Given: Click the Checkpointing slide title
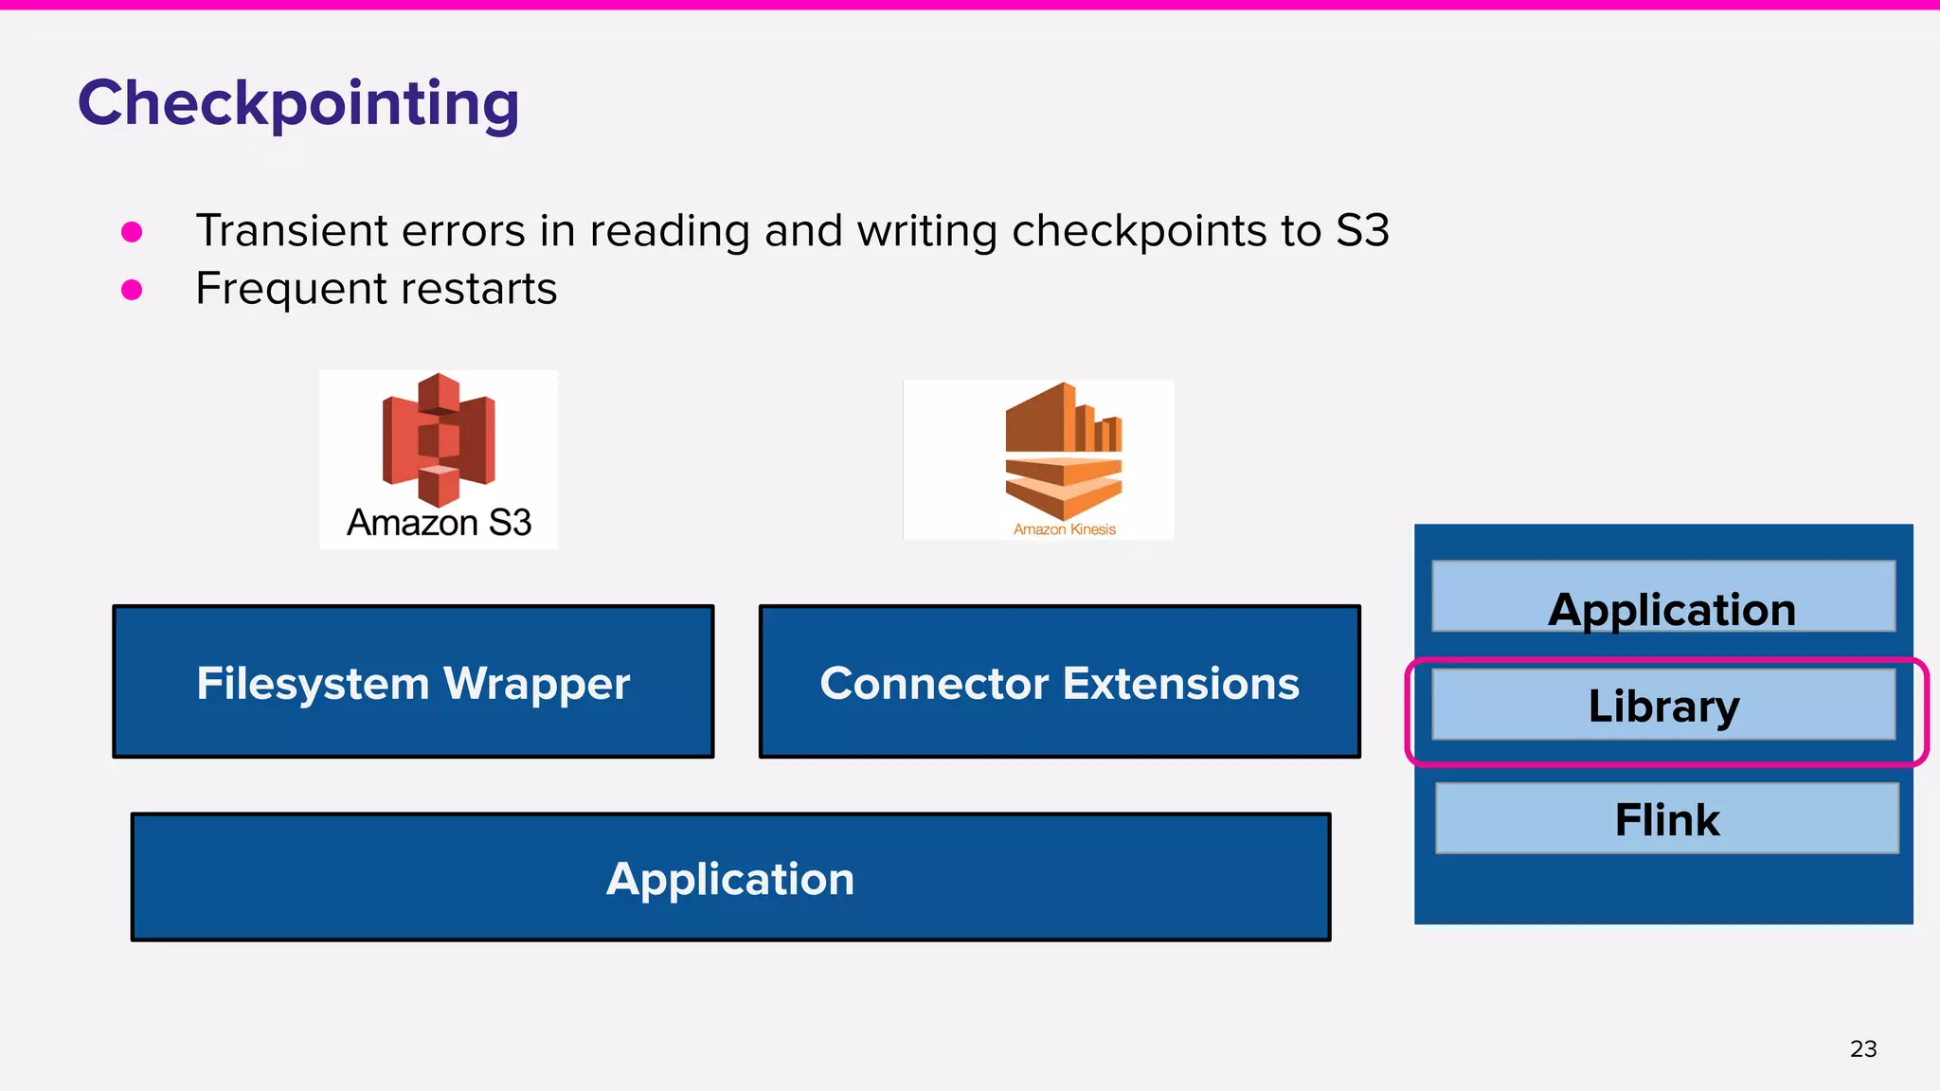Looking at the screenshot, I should pyautogui.click(x=297, y=103).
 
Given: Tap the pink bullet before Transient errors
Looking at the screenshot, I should pyautogui.click(x=132, y=232).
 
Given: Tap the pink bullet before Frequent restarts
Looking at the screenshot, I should pyautogui.click(x=132, y=290).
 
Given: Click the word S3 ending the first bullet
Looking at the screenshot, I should pyautogui.click(x=1361, y=231).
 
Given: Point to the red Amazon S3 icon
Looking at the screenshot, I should pyautogui.click(x=439, y=439).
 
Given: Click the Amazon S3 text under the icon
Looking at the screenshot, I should pyautogui.click(x=439, y=523).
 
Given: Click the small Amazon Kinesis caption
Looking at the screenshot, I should pyautogui.click(x=1064, y=529).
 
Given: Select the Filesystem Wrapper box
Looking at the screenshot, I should pyautogui.click(x=413, y=682).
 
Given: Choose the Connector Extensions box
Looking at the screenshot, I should pyautogui.click(x=1059, y=682).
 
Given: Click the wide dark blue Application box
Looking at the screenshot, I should pyautogui.click(x=730, y=878).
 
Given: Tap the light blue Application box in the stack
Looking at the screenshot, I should pyautogui.click(x=1663, y=597).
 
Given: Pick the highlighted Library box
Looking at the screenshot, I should pyautogui.click(x=1663, y=706).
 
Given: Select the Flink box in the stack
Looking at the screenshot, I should pyautogui.click(x=1666, y=818).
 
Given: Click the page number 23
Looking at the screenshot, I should pyautogui.click(x=1862, y=1049).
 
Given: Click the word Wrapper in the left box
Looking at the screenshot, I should pyautogui.click(x=536, y=684).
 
